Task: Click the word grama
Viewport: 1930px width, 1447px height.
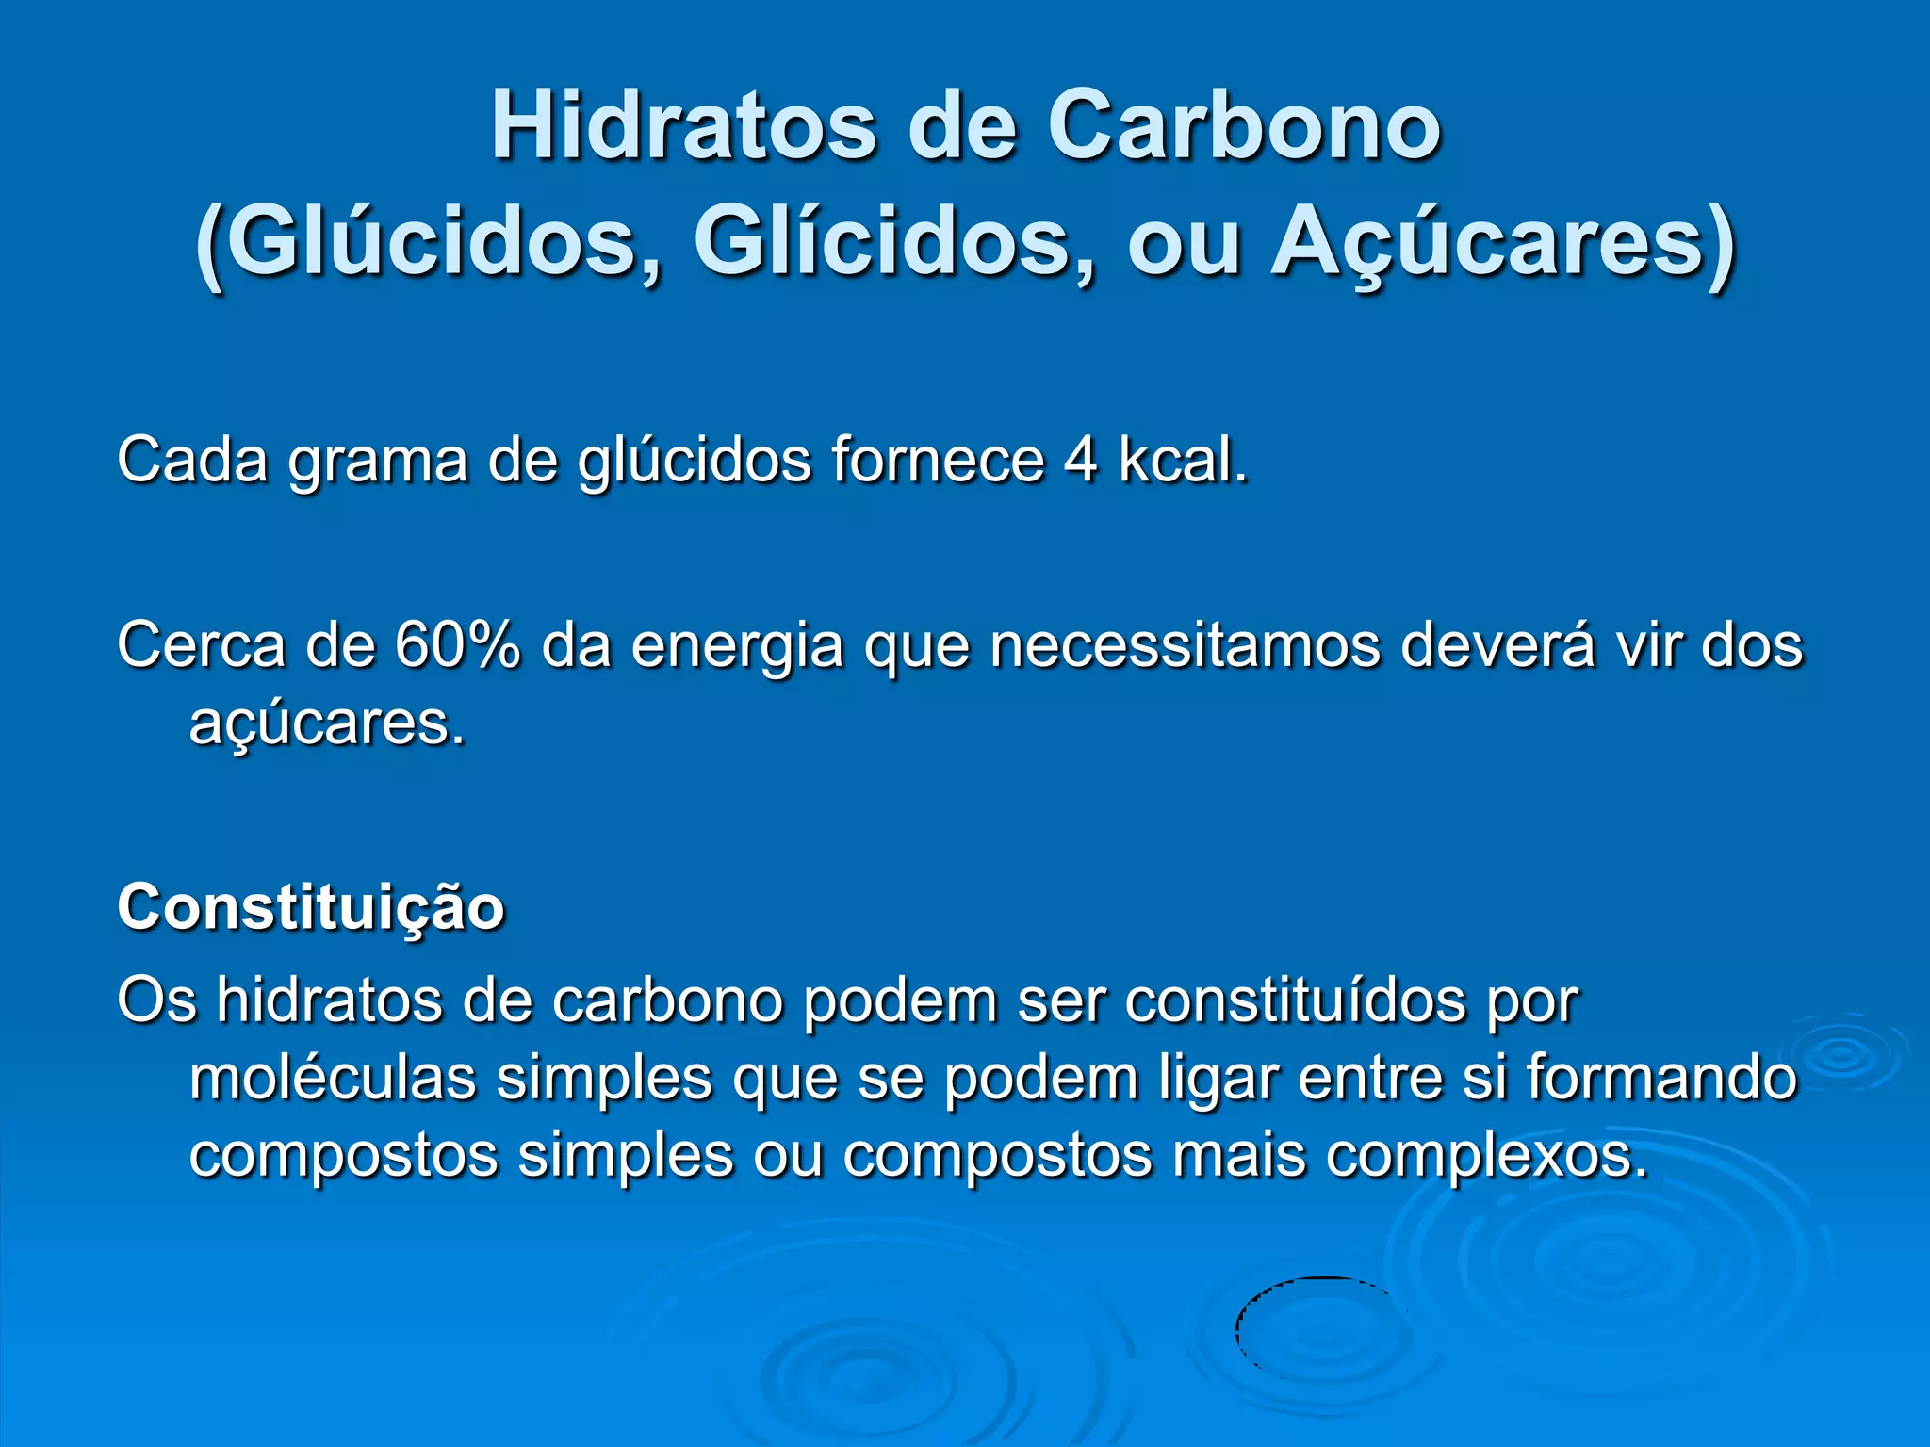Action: [x=378, y=462]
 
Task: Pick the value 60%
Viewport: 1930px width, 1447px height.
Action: [x=458, y=645]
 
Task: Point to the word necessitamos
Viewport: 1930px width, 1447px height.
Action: [x=1185, y=646]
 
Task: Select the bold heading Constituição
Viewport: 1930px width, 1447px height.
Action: [x=311, y=907]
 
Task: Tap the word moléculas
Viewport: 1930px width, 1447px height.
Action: [x=333, y=1078]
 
